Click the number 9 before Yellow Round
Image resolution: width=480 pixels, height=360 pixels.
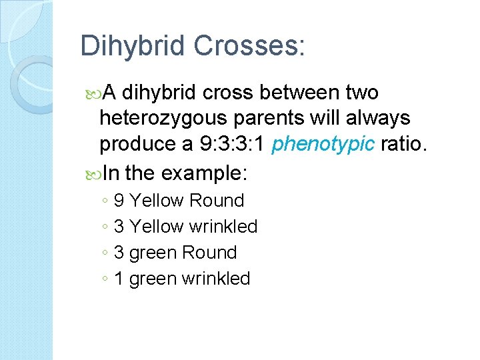[x=119, y=201]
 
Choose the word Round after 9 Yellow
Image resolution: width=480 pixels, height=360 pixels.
[x=217, y=201]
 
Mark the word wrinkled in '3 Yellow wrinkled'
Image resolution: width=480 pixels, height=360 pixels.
[x=223, y=227]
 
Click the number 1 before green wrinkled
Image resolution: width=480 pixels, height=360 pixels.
[x=119, y=279]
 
